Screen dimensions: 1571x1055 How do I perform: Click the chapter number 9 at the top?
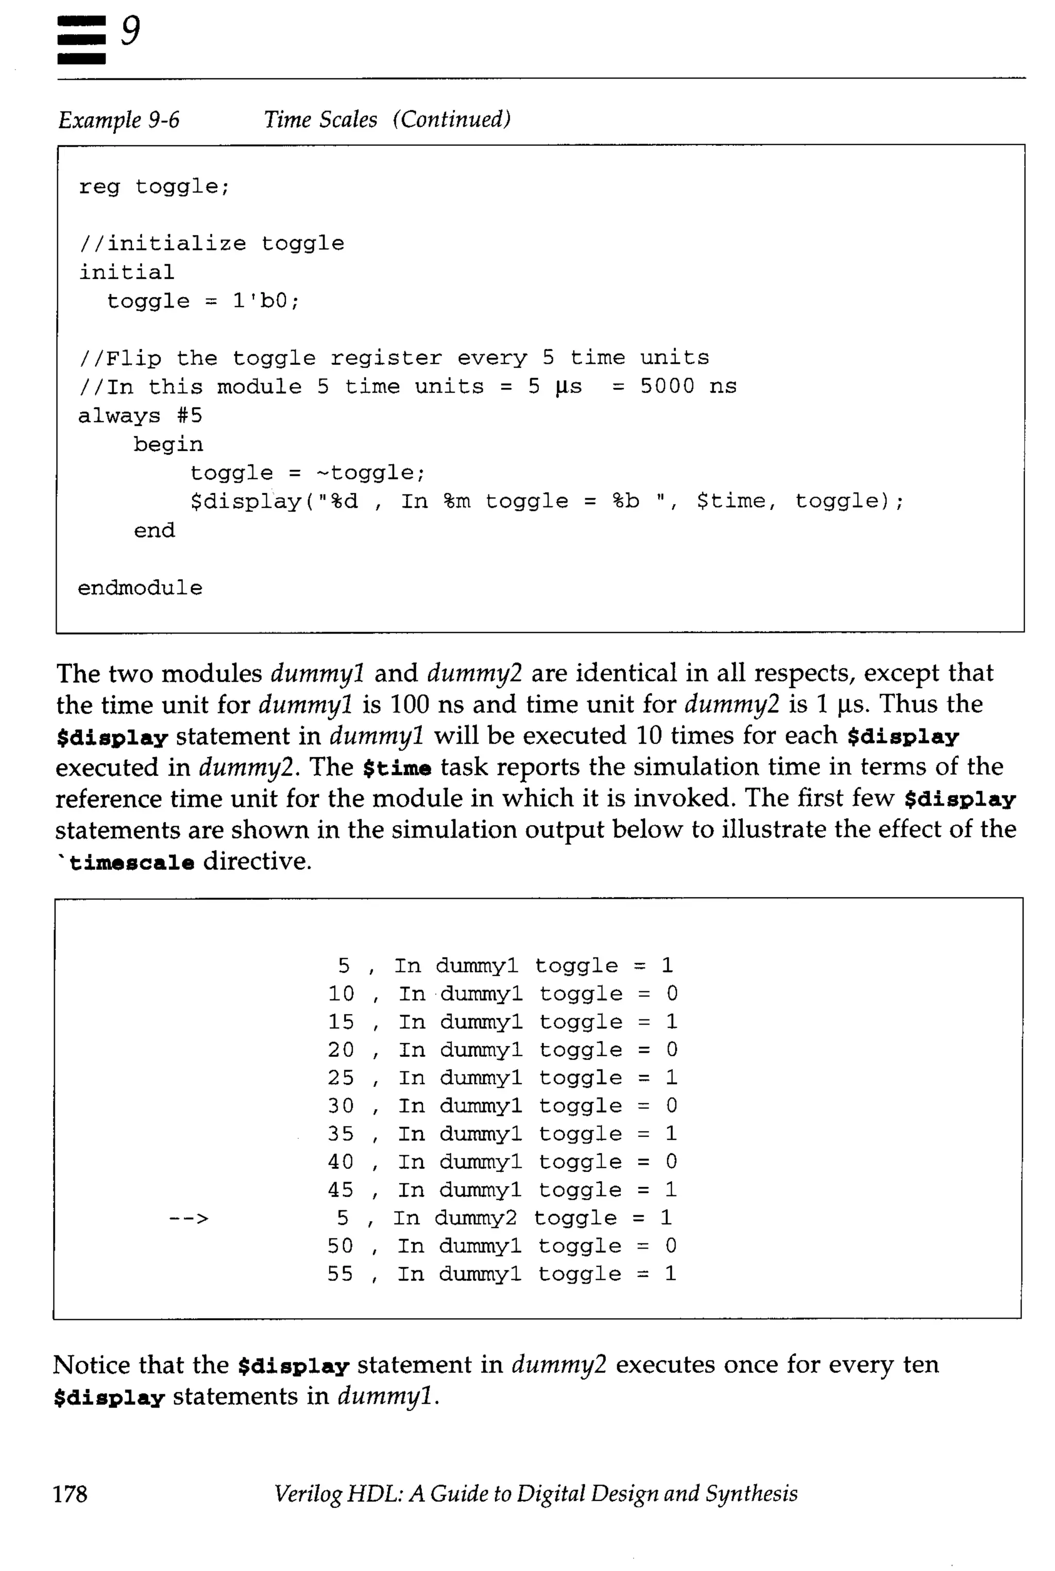click(x=130, y=31)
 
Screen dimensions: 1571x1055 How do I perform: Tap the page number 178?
click(x=70, y=1493)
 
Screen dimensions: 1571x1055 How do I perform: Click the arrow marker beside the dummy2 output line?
click(x=189, y=1219)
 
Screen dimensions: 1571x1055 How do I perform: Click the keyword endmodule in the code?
click(x=140, y=588)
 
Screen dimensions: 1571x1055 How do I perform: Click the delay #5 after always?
click(x=190, y=416)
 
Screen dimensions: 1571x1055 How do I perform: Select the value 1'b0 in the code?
click(x=266, y=301)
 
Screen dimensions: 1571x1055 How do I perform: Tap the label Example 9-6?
click(x=119, y=120)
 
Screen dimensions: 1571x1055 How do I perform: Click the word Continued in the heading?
click(x=452, y=120)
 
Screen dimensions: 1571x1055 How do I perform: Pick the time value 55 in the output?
click(x=341, y=1274)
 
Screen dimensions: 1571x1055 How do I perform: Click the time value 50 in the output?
click(x=341, y=1246)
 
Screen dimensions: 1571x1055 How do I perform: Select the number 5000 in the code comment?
click(x=667, y=387)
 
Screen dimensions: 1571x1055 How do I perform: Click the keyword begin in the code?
click(x=167, y=445)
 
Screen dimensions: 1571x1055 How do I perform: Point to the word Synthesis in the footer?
click(x=751, y=1493)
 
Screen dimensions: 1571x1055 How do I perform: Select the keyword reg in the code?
click(x=99, y=186)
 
